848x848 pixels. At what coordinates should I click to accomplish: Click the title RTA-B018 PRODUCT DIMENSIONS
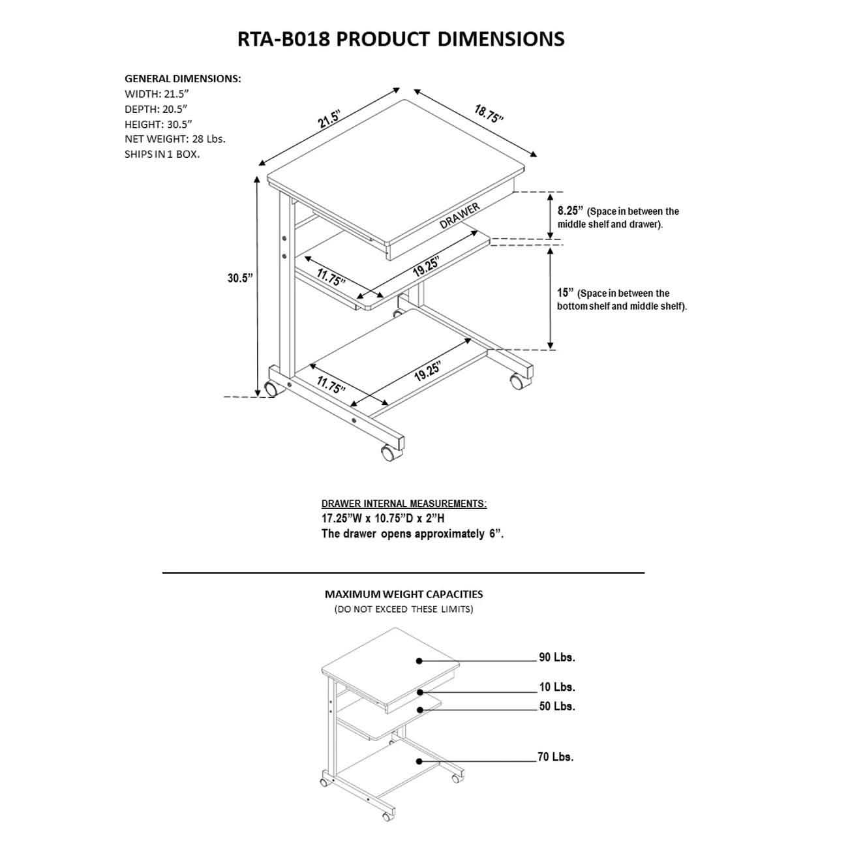pyautogui.click(x=401, y=39)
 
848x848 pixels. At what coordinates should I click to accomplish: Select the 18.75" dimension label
pyautogui.click(x=489, y=114)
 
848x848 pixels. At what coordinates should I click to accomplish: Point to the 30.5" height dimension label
pyautogui.click(x=239, y=278)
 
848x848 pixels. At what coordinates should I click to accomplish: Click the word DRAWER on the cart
pyautogui.click(x=460, y=215)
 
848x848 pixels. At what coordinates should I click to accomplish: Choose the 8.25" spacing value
pyautogui.click(x=569, y=211)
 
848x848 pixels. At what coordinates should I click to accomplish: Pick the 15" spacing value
pyautogui.click(x=565, y=293)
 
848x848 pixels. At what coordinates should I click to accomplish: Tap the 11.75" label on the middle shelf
pyautogui.click(x=331, y=277)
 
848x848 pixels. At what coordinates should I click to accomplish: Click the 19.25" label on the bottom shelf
pyautogui.click(x=427, y=371)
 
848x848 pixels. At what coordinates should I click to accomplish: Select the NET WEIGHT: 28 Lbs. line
pyautogui.click(x=175, y=139)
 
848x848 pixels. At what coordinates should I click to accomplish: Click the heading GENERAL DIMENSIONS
pyautogui.click(x=183, y=78)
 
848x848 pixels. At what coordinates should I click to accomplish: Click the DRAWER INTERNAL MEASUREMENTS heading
pyautogui.click(x=404, y=504)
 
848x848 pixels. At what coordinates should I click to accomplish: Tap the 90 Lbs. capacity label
pyautogui.click(x=556, y=658)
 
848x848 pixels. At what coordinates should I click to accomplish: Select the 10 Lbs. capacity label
pyautogui.click(x=556, y=687)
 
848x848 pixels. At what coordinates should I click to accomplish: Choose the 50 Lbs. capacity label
pyautogui.click(x=556, y=706)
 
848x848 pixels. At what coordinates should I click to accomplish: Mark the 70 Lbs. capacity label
pyautogui.click(x=556, y=757)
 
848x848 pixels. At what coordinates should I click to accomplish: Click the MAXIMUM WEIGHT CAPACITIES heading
pyautogui.click(x=404, y=594)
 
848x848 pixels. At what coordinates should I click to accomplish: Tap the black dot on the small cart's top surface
pyautogui.click(x=419, y=661)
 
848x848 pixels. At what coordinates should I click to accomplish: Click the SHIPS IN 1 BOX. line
pyautogui.click(x=162, y=155)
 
